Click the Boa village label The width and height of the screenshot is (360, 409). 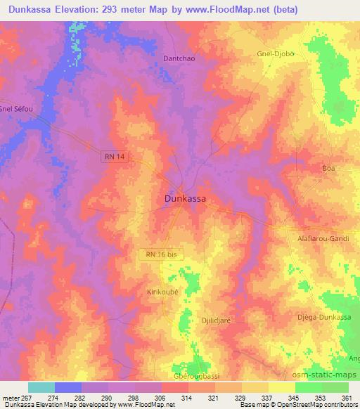[x=328, y=169]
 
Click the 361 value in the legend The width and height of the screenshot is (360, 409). [x=345, y=398]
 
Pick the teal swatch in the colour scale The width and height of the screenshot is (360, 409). [x=41, y=387]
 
